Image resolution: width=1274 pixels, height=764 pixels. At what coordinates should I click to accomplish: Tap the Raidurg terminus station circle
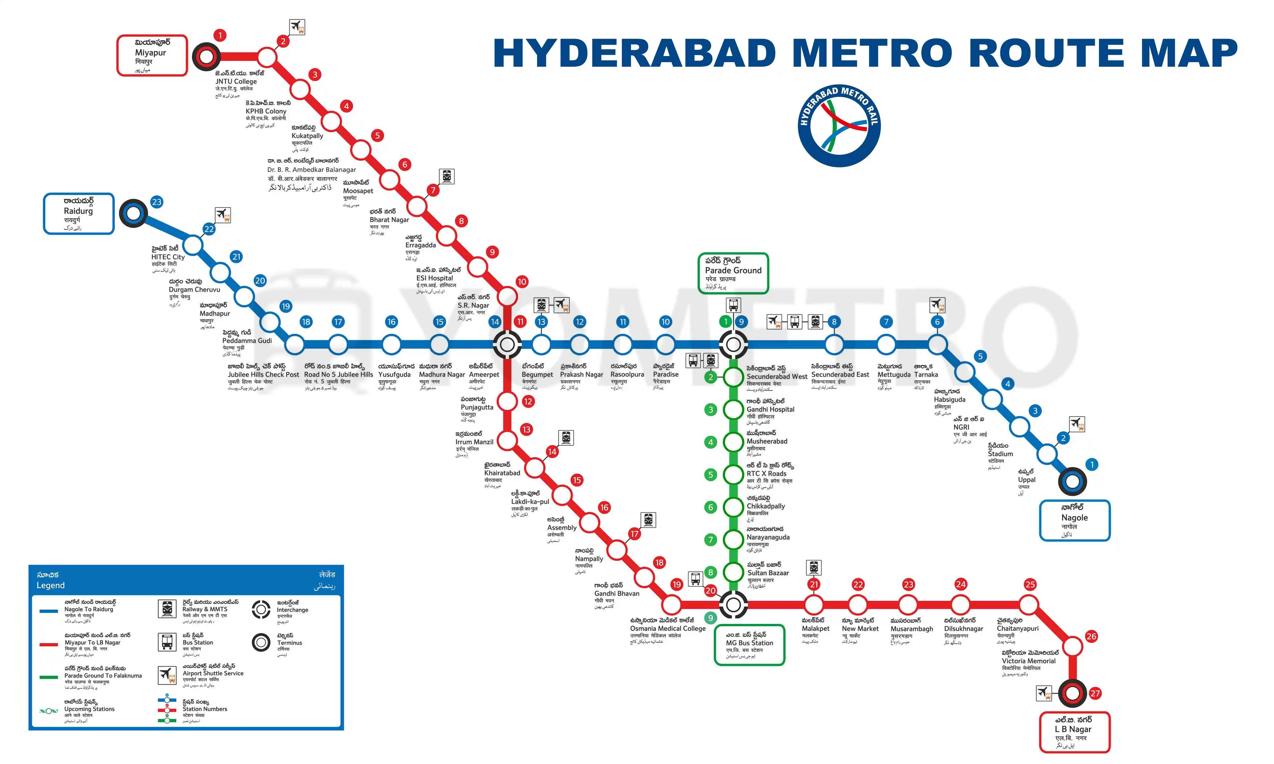click(x=133, y=213)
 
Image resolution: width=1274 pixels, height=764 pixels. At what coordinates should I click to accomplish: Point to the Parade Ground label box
click(x=733, y=273)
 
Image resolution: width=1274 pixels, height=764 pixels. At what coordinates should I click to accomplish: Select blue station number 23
click(x=156, y=202)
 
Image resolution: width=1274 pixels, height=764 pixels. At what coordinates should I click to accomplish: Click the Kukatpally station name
click(x=308, y=136)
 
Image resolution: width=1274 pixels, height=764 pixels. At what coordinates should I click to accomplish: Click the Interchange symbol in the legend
click(x=261, y=610)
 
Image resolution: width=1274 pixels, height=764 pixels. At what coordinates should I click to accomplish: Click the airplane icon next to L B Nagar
click(x=1044, y=693)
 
